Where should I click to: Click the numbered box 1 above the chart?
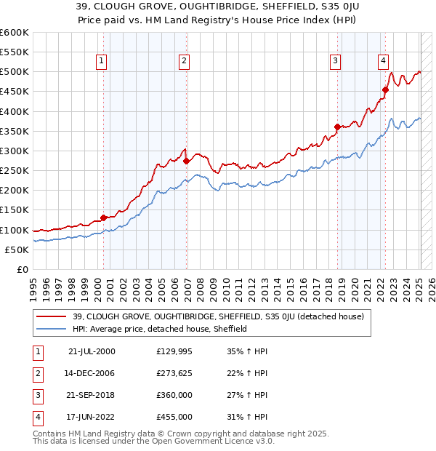(101, 61)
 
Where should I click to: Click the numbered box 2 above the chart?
(185, 61)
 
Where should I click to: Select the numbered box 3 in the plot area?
(335, 61)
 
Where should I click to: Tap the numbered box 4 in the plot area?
(383, 61)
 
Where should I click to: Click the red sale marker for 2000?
(104, 217)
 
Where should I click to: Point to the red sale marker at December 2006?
(186, 161)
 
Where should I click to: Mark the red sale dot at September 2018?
(337, 127)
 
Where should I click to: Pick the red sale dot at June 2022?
(386, 89)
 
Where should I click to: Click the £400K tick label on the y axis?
(15, 111)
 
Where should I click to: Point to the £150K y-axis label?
(15, 210)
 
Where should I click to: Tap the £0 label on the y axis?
(22, 269)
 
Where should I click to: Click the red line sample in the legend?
(52, 316)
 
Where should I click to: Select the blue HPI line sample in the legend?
(52, 329)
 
